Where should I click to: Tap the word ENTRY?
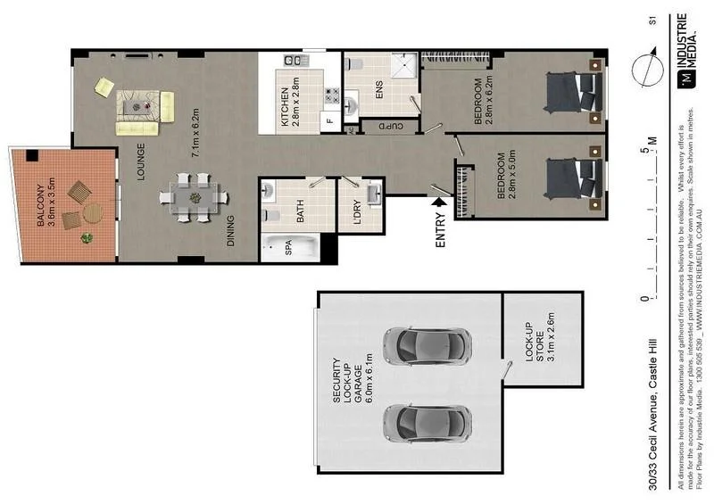pyautogui.click(x=441, y=229)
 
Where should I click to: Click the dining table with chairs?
pyautogui.click(x=195, y=198)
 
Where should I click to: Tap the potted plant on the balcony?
pyautogui.click(x=87, y=238)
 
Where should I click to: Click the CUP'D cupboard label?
pyautogui.click(x=390, y=128)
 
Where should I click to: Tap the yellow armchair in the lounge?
pyautogui.click(x=105, y=87)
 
